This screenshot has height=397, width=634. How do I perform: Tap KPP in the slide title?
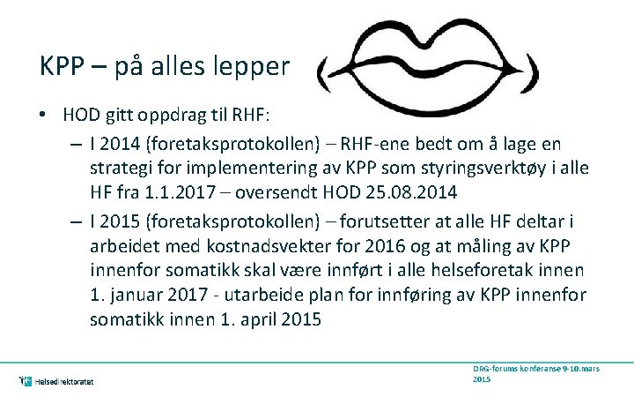63,66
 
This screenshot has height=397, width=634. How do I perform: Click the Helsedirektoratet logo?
56,381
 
